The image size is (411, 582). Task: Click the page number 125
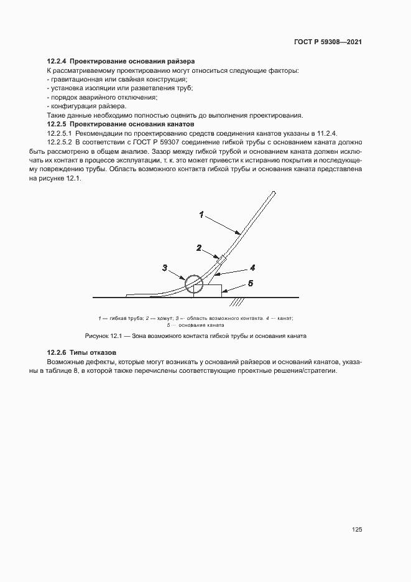(x=356, y=529)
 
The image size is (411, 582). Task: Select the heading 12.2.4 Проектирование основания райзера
(x=121, y=62)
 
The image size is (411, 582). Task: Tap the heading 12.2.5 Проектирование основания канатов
(x=121, y=124)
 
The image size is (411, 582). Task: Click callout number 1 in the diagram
(x=201, y=215)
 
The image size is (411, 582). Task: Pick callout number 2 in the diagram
(x=198, y=247)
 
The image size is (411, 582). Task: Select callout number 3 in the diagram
(x=165, y=268)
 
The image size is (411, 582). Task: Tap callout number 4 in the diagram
(x=253, y=268)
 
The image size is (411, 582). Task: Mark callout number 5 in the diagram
(x=250, y=283)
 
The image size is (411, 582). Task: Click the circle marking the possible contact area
(x=193, y=284)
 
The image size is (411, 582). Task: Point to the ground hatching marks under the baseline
(x=237, y=302)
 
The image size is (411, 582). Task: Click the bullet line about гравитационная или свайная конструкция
(x=118, y=80)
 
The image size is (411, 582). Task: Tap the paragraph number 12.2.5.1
(x=60, y=134)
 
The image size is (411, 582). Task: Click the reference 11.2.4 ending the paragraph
(x=325, y=134)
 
